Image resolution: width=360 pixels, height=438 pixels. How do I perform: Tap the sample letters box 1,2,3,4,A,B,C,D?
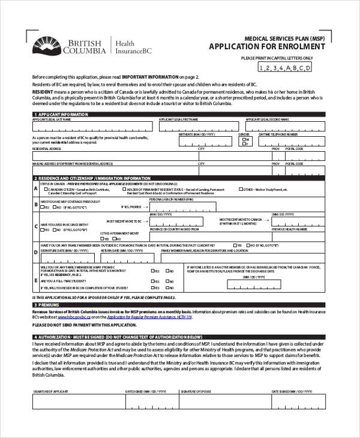[284, 68]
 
